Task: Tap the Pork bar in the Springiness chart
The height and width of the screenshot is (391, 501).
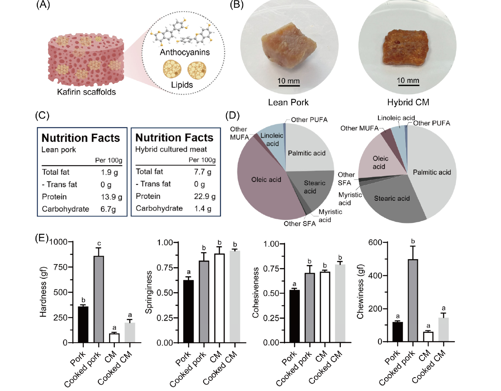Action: click(x=188, y=311)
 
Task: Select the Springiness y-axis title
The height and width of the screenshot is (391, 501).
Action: click(x=149, y=292)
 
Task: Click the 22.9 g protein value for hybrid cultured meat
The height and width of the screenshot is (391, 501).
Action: click(x=204, y=196)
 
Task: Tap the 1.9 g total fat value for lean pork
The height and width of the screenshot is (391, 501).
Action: click(x=109, y=172)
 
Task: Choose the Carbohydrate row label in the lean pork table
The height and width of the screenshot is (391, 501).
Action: click(x=65, y=209)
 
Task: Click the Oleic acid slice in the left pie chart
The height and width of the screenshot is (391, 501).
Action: click(x=265, y=185)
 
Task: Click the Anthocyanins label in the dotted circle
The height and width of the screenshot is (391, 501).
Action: click(x=185, y=52)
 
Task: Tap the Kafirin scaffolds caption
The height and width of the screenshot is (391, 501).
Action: click(x=86, y=92)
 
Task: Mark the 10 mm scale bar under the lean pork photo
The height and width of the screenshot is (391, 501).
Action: click(x=289, y=85)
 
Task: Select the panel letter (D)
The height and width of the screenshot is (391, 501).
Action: click(x=232, y=115)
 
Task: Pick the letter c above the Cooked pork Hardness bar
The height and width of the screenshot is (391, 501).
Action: click(x=99, y=243)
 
